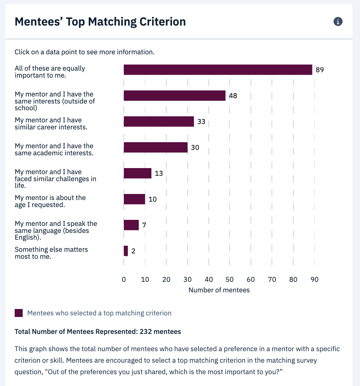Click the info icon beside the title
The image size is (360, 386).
pos(338,21)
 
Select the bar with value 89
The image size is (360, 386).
pos(218,70)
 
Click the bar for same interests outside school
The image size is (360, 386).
pos(175,96)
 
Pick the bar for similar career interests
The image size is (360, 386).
pos(159,121)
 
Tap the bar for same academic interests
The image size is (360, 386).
pos(155,147)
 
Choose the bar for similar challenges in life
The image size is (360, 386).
pos(138,173)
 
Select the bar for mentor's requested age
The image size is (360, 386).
pos(134,199)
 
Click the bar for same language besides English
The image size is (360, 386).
pos(131,225)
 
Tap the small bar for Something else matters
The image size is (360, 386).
pos(126,251)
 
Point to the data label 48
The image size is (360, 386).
pos(233,96)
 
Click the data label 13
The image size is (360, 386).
pos(159,174)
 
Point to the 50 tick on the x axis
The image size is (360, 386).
pos(229,280)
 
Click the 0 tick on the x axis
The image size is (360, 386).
pos(124,280)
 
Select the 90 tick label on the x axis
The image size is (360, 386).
pos(314,280)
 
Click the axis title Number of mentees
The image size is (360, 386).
pos(219,290)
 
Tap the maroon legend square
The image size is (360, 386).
pos(19,313)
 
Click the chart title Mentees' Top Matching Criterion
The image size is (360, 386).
pos(100,22)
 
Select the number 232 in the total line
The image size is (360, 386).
pos(146,332)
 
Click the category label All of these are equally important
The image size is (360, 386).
pos(50,72)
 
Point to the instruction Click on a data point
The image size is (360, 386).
pos(85,52)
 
